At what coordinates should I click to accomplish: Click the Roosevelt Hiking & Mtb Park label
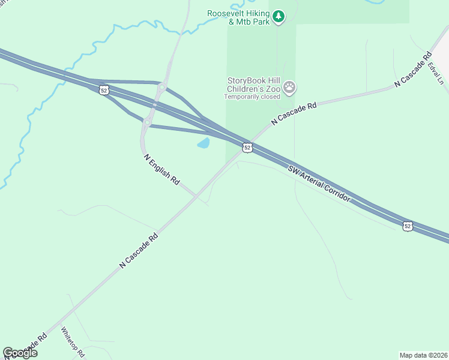[x=238, y=17]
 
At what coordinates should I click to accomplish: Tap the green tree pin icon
[x=278, y=17]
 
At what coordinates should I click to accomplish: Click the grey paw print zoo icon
[x=290, y=88]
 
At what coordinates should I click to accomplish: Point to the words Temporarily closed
[x=252, y=96]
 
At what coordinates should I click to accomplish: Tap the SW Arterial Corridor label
[x=318, y=181]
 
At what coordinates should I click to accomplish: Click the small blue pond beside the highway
[x=204, y=143]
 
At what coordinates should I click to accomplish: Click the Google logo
[x=20, y=353]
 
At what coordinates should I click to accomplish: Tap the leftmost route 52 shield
[x=104, y=90]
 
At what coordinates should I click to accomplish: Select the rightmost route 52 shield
[x=408, y=226]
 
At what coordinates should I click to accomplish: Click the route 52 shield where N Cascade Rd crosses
[x=247, y=147]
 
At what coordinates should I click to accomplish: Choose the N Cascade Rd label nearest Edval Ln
[x=413, y=71]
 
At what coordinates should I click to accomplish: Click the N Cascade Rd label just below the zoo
[x=294, y=113]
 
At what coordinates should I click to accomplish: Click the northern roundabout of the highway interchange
[x=161, y=88]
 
